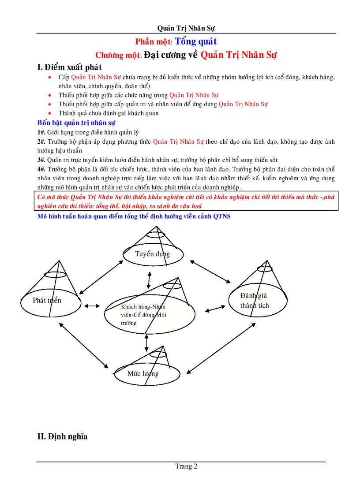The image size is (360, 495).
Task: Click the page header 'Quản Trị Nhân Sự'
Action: pos(186,28)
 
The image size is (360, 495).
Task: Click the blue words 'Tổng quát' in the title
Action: pos(196,41)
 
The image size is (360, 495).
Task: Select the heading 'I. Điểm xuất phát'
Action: pos(70,67)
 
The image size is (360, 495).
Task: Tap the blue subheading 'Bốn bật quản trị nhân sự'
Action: pos(77,123)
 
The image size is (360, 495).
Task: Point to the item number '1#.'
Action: pos(41,132)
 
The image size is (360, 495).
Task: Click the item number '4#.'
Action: pos(41,169)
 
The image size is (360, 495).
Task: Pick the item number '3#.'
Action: pos(41,160)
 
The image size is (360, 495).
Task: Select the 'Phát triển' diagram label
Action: pos(47,301)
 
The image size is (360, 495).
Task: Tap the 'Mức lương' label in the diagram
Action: pos(143,374)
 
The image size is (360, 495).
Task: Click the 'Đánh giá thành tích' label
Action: pos(255,301)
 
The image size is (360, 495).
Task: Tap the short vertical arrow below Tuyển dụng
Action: pos(149,279)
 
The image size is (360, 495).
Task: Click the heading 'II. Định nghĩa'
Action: pos(62,437)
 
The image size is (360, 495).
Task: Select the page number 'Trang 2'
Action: pos(186,466)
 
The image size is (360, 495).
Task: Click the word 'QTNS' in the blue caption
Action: pos(222,216)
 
